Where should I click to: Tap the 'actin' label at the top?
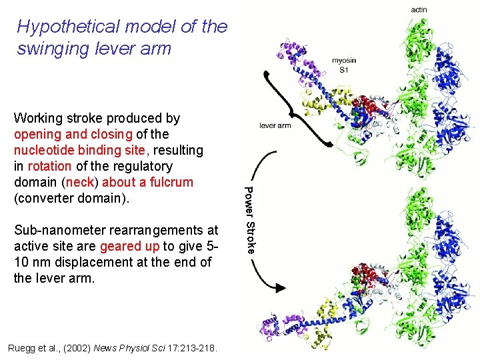pos(419,9)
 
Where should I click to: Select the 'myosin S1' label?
pos(344,65)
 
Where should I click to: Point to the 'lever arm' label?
pos(275,125)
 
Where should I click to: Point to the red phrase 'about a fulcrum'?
pos(151,182)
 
